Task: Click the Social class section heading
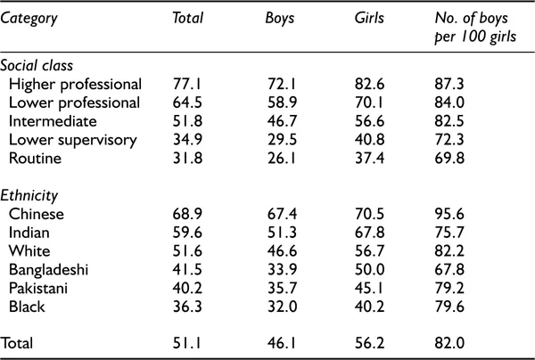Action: pyautogui.click(x=37, y=66)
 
